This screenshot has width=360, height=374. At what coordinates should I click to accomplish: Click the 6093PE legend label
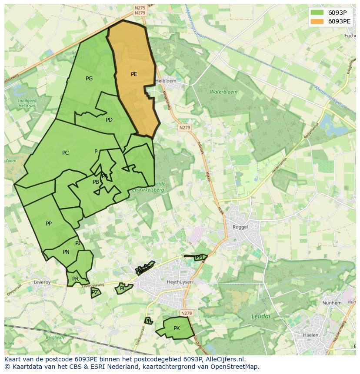339,21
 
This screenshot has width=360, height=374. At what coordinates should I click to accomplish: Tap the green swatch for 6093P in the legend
317,12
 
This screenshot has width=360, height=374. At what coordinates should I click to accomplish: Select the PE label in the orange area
134,74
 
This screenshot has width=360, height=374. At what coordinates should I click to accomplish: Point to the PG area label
89,79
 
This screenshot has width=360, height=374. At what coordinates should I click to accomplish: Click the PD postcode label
109,120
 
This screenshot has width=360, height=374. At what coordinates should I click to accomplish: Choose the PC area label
65,153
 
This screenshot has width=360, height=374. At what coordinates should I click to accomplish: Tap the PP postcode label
49,224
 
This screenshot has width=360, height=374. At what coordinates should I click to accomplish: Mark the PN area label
66,252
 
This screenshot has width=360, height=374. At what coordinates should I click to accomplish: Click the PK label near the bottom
177,328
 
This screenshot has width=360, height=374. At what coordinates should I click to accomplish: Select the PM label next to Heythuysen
199,258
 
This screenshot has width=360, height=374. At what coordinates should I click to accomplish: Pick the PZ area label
95,293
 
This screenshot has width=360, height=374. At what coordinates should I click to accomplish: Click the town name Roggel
240,227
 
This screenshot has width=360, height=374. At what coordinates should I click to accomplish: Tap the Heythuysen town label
167,282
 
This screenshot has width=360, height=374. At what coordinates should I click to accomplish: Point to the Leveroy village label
42,282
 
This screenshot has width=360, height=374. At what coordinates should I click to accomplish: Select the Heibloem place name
166,81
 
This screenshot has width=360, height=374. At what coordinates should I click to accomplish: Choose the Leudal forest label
261,316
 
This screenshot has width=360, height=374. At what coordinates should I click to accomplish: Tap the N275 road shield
140,8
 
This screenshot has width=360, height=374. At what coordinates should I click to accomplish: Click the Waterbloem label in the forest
223,92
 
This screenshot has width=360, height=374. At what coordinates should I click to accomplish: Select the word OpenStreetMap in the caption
235,367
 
